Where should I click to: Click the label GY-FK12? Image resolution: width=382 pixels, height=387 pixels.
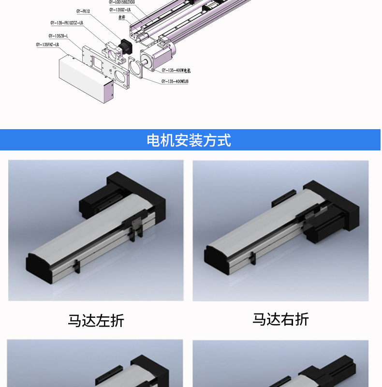[x=83, y=11]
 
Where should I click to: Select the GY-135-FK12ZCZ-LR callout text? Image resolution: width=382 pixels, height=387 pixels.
[x=67, y=22]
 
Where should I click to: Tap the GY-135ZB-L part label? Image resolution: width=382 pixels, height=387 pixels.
[x=59, y=36]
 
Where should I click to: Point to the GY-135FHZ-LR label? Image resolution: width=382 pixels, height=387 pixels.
[x=47, y=45]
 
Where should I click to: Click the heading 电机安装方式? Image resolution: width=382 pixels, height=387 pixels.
[x=189, y=140]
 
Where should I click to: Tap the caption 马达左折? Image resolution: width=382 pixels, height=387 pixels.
[x=96, y=320]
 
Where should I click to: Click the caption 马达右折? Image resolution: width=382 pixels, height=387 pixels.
[x=280, y=319]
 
